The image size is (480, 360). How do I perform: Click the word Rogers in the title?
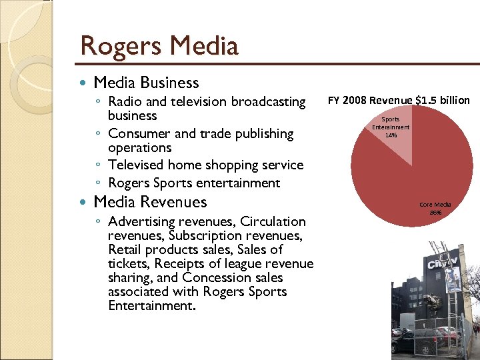click(x=121, y=47)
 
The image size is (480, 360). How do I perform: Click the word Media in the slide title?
click(x=203, y=47)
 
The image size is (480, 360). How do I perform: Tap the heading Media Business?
click(x=146, y=83)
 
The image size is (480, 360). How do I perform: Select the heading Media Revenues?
click(x=150, y=202)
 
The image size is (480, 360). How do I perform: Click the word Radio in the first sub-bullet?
click(x=125, y=102)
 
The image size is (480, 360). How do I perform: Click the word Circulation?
click(x=273, y=221)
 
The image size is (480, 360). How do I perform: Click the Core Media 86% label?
click(x=435, y=208)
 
